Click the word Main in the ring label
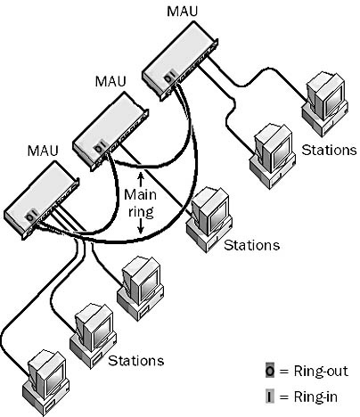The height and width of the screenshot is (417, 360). [x=140, y=195]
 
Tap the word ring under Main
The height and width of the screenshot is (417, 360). [x=141, y=212]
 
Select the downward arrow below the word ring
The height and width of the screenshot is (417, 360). [x=141, y=227]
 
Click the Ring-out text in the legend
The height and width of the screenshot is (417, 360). [x=321, y=372]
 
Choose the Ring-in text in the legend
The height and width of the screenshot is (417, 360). [x=315, y=397]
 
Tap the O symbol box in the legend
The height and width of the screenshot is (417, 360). [x=270, y=371]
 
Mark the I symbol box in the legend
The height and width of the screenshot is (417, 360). [x=270, y=397]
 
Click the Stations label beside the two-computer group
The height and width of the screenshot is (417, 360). [x=329, y=150]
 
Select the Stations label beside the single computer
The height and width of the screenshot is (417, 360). [x=251, y=245]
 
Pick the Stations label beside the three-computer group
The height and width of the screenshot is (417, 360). [x=135, y=361]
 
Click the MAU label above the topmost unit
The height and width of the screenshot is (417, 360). [x=182, y=12]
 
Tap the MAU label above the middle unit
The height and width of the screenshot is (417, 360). [x=110, y=81]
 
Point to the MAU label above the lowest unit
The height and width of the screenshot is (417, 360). [x=43, y=151]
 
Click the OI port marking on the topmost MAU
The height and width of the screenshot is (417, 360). [x=168, y=77]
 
